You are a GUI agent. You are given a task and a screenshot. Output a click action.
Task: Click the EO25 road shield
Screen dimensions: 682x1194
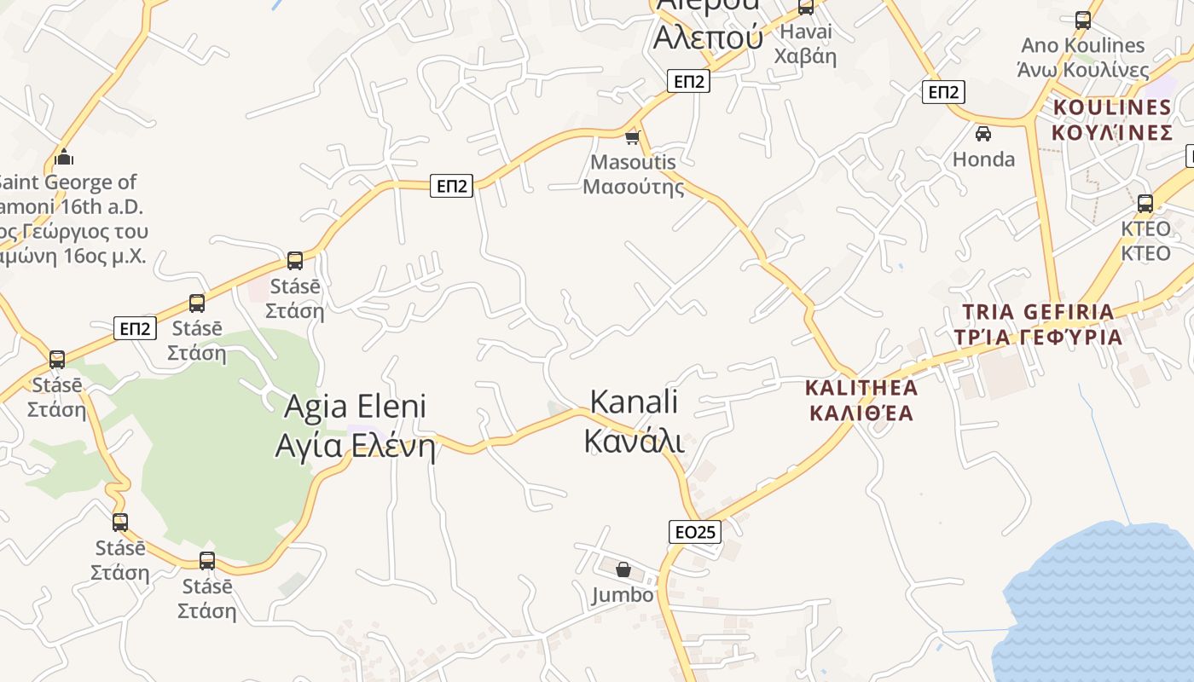pyautogui.click(x=694, y=532)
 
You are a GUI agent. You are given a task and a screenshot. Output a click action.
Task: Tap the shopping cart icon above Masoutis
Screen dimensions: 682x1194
pyautogui.click(x=632, y=136)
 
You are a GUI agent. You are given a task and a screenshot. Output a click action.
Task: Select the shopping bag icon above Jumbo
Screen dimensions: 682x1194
pyautogui.click(x=623, y=569)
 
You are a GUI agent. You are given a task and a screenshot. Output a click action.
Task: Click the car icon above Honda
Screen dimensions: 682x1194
pyautogui.click(x=983, y=133)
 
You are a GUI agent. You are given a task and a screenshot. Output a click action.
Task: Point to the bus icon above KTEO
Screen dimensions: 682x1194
pyautogui.click(x=1145, y=204)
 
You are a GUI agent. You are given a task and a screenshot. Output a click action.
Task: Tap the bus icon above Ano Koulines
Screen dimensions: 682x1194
pyautogui.click(x=1083, y=20)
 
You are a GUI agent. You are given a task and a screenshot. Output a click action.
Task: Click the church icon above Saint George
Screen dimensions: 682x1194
pyautogui.click(x=64, y=157)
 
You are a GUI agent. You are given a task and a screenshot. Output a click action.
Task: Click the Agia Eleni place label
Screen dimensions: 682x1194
pyautogui.click(x=355, y=426)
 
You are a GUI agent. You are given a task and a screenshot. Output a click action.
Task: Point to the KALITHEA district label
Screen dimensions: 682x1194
pyautogui.click(x=861, y=401)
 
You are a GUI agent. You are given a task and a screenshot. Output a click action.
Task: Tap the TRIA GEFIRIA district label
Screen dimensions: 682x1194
pyautogui.click(x=1038, y=325)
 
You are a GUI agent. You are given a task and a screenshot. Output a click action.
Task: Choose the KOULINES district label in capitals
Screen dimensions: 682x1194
pyautogui.click(x=1112, y=119)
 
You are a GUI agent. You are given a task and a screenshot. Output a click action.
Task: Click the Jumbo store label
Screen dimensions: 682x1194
pyautogui.click(x=623, y=595)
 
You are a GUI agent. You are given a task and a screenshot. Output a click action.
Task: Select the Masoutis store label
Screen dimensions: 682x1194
pyautogui.click(x=633, y=174)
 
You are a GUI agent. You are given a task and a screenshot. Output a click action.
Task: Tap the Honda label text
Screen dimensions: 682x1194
pyautogui.click(x=983, y=159)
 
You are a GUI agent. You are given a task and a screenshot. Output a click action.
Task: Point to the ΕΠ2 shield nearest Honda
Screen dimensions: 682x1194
pyautogui.click(x=943, y=92)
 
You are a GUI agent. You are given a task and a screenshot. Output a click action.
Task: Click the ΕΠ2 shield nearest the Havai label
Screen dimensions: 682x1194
pyautogui.click(x=688, y=81)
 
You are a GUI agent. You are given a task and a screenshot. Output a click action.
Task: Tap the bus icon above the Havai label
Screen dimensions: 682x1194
pyautogui.click(x=806, y=7)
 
